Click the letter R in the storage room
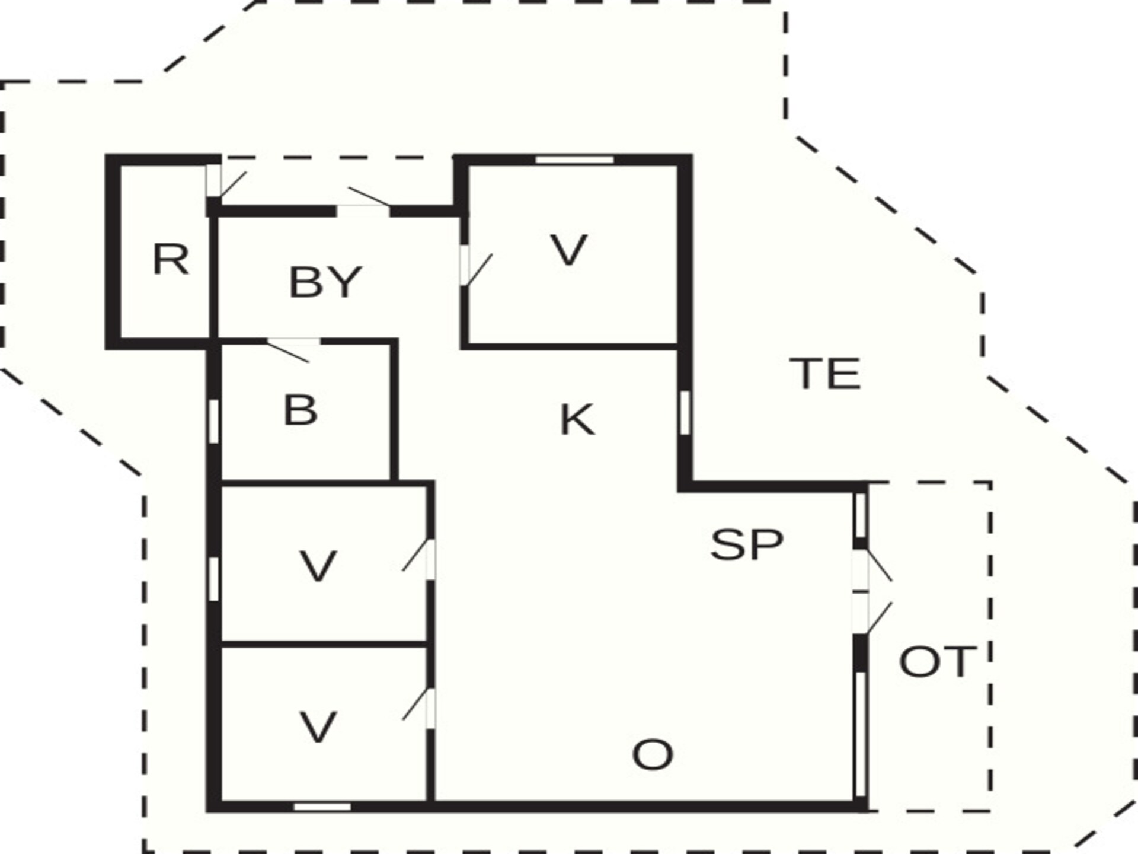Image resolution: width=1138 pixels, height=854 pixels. coord(171,259)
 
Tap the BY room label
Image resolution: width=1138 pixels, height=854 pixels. coord(325,282)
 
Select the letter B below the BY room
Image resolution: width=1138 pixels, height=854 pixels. coord(301,410)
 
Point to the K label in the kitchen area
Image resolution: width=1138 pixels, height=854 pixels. coord(577,419)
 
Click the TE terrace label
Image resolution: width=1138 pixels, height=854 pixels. coord(826,373)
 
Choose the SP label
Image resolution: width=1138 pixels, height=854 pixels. coord(747,544)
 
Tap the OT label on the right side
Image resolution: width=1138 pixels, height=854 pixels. coord(936,661)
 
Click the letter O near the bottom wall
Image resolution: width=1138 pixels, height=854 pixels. coord(653,754)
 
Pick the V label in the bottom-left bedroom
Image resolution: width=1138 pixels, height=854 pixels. coord(318,727)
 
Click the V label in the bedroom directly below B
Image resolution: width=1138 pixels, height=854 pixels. coord(318,566)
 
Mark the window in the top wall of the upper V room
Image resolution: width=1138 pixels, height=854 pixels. coord(574,160)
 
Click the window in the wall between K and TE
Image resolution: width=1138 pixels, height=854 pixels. coord(685,413)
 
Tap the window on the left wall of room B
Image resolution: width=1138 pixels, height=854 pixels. coord(214,421)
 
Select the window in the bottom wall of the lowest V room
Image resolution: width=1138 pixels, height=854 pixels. coord(322,807)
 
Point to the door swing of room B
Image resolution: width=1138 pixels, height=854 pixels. coord(288,351)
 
